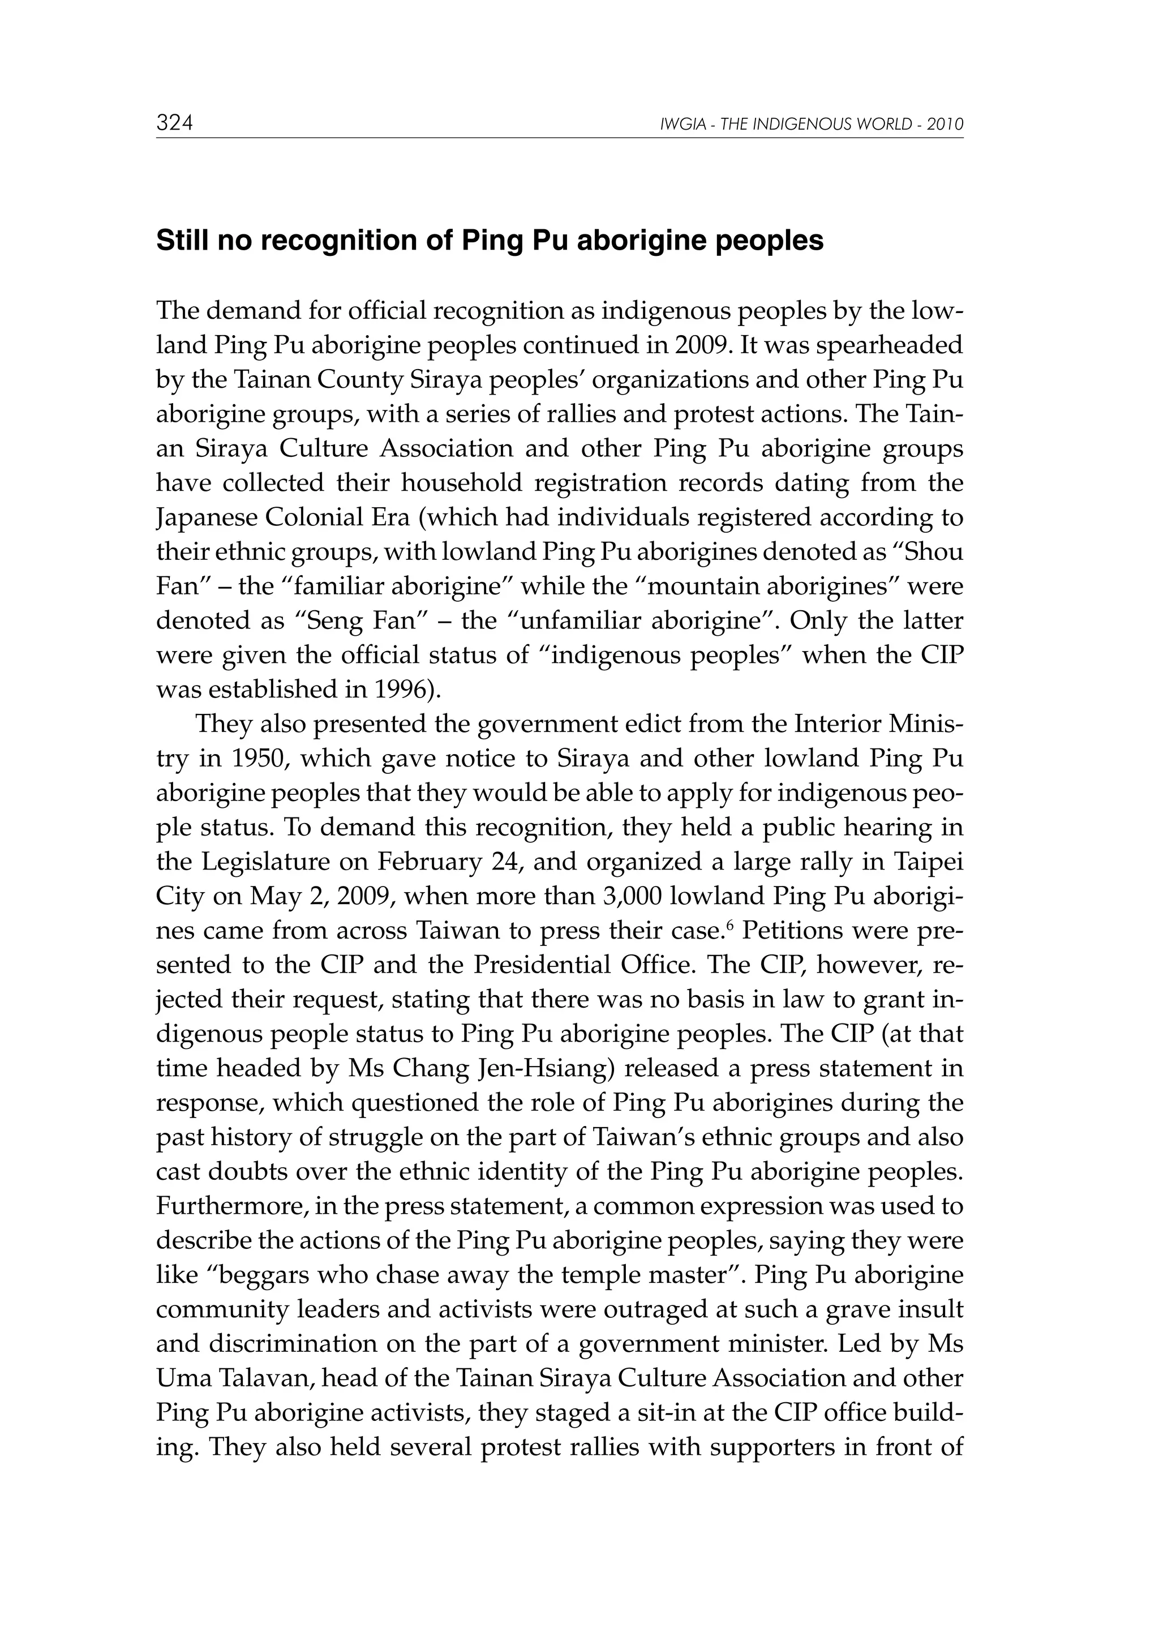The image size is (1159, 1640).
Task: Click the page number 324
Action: (x=175, y=123)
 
